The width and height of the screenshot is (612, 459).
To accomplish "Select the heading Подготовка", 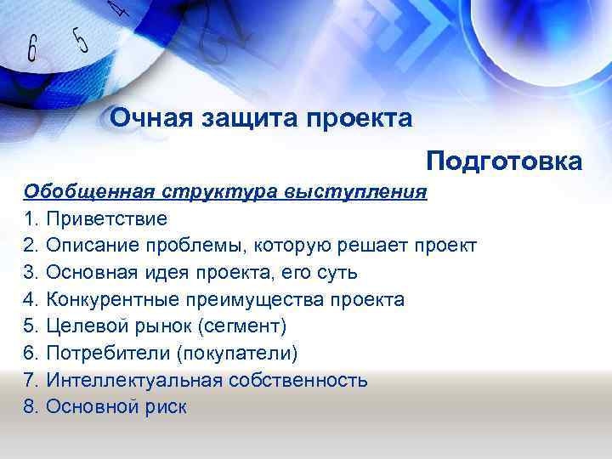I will [x=504, y=161].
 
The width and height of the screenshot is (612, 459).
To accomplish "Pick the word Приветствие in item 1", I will [x=107, y=218].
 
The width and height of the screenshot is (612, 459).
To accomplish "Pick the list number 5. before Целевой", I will [x=31, y=327].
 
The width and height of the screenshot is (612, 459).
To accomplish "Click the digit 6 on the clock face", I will [x=32, y=48].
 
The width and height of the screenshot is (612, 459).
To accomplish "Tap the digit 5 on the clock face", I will [x=81, y=38].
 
